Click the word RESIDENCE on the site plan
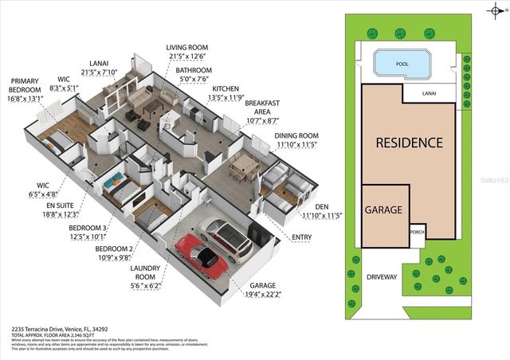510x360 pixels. (409, 143)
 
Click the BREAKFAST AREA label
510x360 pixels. (262, 110)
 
